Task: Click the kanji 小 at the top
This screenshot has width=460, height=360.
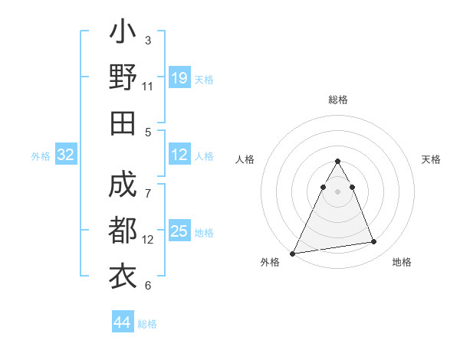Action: coord(123,34)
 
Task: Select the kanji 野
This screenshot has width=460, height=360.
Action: coord(123,78)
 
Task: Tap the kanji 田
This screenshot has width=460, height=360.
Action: coord(123,123)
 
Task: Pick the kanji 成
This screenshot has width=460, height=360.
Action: coord(123,186)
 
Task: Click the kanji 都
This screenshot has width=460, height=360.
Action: coord(123,231)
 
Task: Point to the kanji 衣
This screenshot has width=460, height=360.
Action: coord(123,275)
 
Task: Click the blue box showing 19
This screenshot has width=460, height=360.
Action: coord(179,78)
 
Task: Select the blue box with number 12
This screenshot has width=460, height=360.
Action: coord(179,155)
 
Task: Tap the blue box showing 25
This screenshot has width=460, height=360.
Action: coord(179,231)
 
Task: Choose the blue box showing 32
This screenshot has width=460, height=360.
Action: coord(66,155)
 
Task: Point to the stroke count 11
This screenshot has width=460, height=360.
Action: coord(148,87)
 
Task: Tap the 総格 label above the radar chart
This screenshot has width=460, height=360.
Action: coord(338,100)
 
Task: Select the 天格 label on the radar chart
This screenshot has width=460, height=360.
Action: coord(431,159)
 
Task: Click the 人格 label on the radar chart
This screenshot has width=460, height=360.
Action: coord(245,159)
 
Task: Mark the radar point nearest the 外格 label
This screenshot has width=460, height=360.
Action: coord(292,253)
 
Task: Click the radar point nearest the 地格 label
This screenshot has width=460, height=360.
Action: coord(374,242)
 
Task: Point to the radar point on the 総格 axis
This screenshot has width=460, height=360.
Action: coord(338,162)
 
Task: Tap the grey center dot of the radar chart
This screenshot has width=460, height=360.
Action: coord(338,191)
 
